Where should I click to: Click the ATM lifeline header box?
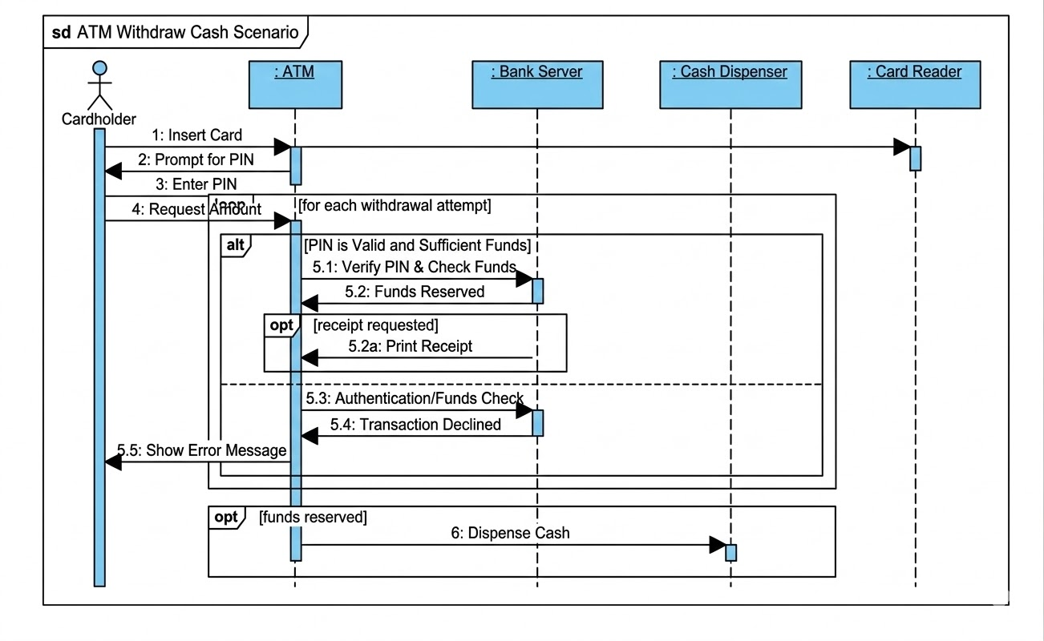[294, 84]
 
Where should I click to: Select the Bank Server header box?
[537, 84]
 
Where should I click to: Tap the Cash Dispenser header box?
[730, 84]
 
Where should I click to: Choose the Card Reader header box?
[915, 84]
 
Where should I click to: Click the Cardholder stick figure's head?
[99, 69]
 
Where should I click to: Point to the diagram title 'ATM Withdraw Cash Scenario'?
[188, 33]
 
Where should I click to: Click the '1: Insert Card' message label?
[197, 135]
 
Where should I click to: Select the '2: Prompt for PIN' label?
[196, 159]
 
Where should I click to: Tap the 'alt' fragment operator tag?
[235, 244]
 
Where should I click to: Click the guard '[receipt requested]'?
[375, 325]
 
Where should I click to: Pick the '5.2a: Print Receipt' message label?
[410, 346]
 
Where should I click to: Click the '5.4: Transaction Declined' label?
[418, 425]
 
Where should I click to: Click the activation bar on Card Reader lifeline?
[915, 158]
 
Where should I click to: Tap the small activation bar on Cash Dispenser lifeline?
[730, 552]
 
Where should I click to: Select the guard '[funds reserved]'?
[313, 518]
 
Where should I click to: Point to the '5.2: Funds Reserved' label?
[415, 292]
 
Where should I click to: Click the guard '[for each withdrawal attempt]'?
[395, 206]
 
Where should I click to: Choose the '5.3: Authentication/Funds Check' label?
[415, 398]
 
